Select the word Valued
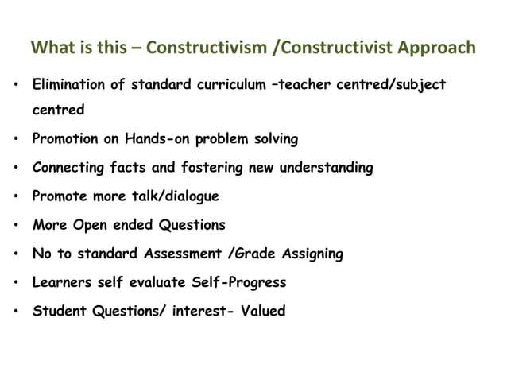[x=261, y=311]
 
